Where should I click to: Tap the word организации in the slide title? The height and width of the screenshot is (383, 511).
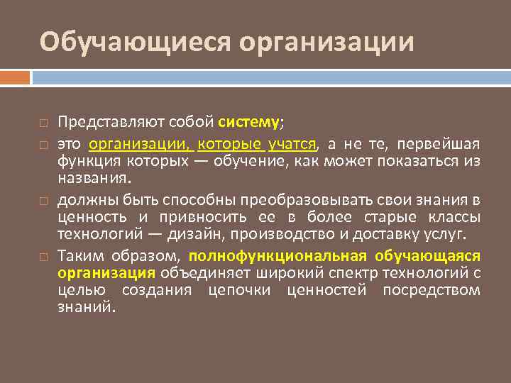click(x=326, y=42)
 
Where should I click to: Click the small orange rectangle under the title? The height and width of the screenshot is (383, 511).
click(x=15, y=76)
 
